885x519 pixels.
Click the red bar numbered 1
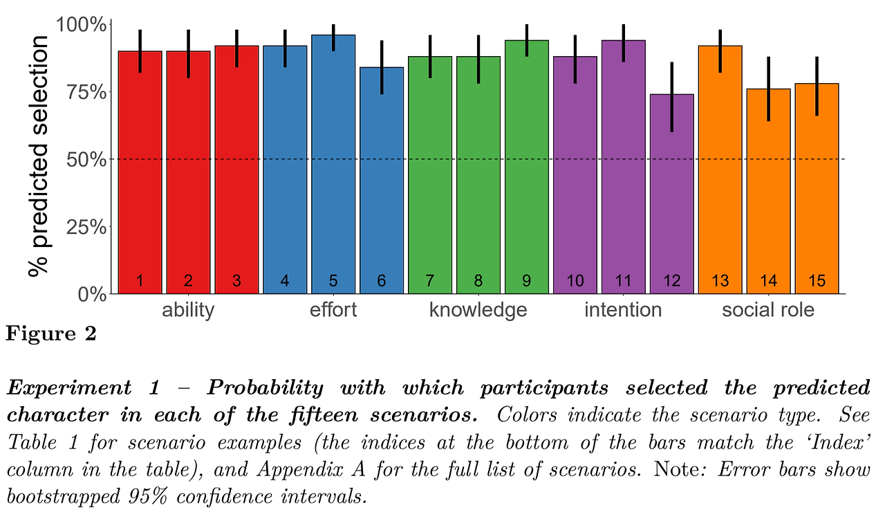pyautogui.click(x=140, y=173)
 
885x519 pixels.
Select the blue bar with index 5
pyautogui.click(x=333, y=166)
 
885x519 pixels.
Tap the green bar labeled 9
pyautogui.click(x=527, y=170)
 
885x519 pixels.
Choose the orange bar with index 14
pyautogui.click(x=769, y=194)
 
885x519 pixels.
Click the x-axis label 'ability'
pyautogui.click(x=188, y=310)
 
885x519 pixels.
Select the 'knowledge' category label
pyautogui.click(x=478, y=310)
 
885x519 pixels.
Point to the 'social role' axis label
pyautogui.click(x=768, y=310)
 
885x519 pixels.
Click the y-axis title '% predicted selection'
pyautogui.click(x=39, y=156)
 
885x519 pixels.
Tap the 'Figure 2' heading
pyautogui.click(x=51, y=334)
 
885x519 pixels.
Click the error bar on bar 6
pyautogui.click(x=382, y=67)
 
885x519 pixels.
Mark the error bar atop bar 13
pyautogui.click(x=720, y=51)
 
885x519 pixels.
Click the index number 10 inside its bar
pyautogui.click(x=575, y=281)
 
